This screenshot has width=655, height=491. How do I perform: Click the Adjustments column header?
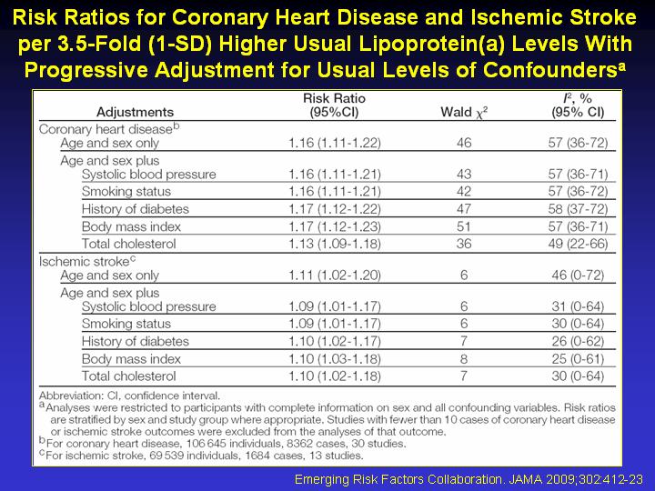click(x=135, y=112)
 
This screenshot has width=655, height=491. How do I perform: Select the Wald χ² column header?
click(x=464, y=113)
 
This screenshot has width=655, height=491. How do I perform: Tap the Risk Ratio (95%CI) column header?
click(x=334, y=105)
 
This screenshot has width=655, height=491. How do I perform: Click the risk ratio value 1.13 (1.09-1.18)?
click(x=335, y=244)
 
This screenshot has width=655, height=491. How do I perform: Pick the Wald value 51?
click(x=464, y=226)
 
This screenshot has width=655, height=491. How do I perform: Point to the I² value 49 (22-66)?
click(x=579, y=244)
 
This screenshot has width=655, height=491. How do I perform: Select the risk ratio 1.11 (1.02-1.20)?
click(x=335, y=276)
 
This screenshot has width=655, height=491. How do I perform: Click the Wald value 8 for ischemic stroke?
click(x=464, y=358)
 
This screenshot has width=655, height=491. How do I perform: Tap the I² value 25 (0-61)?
click(x=579, y=358)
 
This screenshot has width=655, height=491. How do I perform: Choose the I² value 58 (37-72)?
click(x=579, y=209)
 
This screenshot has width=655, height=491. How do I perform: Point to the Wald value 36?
click(x=464, y=244)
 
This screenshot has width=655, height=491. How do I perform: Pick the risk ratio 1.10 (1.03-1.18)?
click(x=335, y=358)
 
